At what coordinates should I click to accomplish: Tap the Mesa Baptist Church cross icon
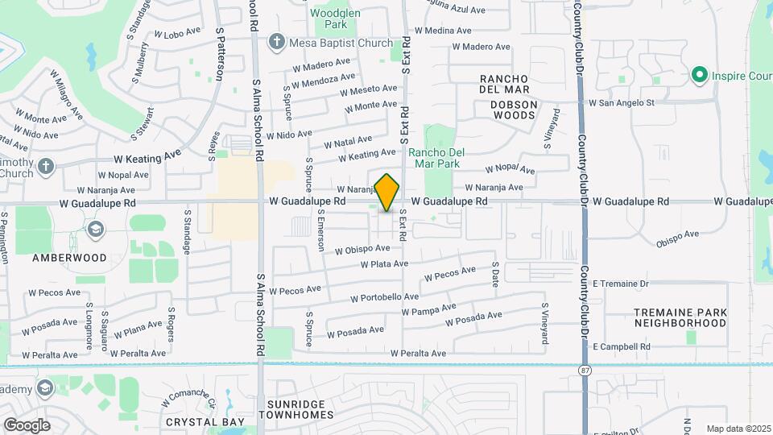277,41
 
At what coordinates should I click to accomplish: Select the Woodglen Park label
330,19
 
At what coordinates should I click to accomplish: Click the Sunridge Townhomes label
296,408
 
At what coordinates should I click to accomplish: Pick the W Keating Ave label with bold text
148,159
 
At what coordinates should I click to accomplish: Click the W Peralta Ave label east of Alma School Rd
418,353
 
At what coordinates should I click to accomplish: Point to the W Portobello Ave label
384,298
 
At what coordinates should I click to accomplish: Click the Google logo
27,425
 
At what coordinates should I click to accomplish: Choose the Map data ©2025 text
738,429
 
